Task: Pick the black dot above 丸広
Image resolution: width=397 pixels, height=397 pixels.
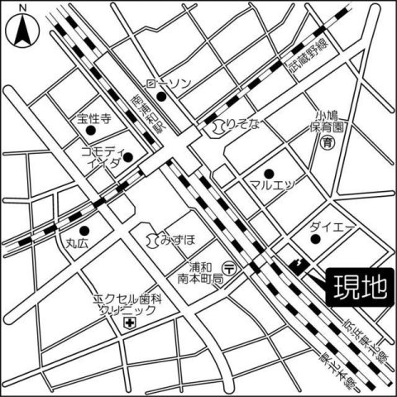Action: [x=83, y=231]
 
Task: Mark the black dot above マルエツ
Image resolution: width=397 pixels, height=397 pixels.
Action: [x=268, y=171]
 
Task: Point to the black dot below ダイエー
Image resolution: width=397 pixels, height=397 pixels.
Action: [x=315, y=240]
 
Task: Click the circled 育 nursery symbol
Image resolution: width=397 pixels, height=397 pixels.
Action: [x=328, y=143]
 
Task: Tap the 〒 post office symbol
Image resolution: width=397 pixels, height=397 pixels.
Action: [x=234, y=267]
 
